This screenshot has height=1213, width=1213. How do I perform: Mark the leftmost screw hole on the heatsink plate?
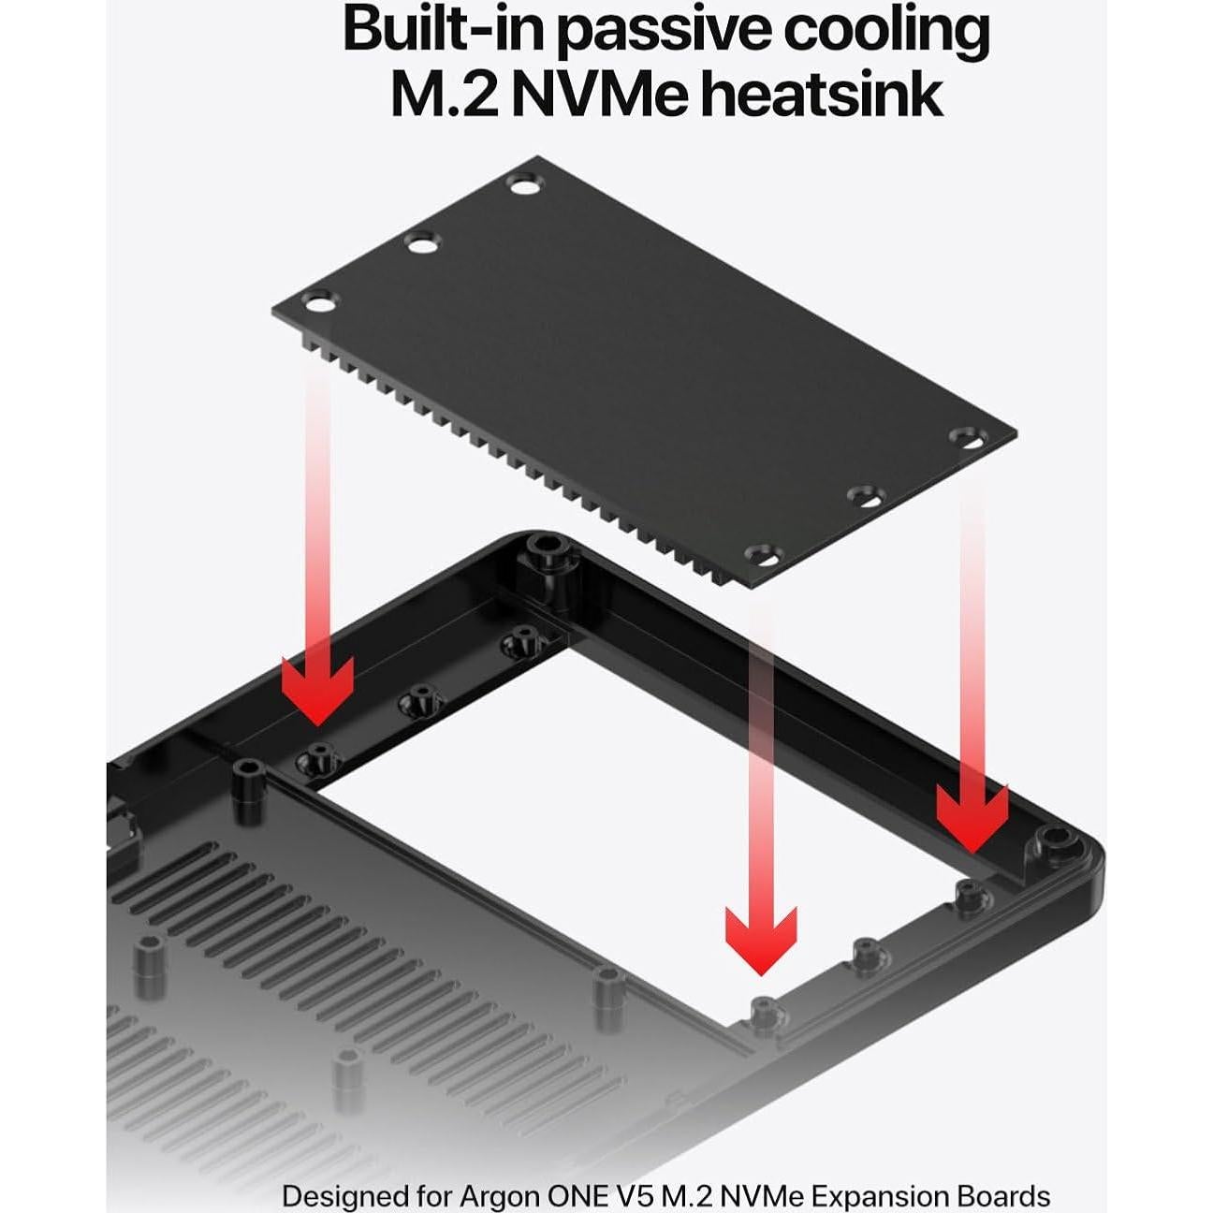click(318, 303)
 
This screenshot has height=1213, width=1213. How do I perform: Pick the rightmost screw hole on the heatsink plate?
click(967, 437)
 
